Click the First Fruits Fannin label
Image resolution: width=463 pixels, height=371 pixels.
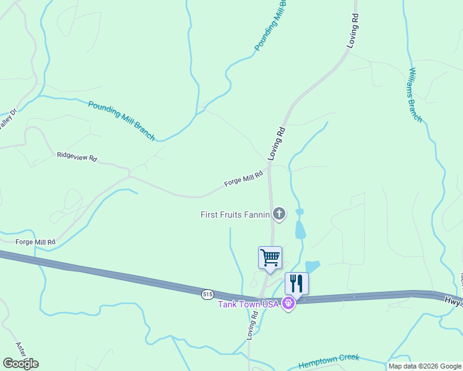click(235, 215)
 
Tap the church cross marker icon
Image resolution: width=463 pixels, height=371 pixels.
click(279, 215)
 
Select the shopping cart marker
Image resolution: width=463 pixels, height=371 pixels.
click(270, 258)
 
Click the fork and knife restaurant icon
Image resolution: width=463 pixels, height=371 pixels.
click(296, 284)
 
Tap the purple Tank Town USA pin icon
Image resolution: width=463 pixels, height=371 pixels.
click(288, 304)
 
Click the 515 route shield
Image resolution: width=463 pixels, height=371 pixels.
click(207, 295)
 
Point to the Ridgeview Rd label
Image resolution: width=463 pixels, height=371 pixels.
click(77, 157)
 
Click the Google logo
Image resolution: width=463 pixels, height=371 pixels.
click(20, 364)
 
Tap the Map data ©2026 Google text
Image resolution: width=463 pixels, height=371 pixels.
click(425, 366)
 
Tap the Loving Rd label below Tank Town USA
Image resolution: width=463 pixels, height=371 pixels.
click(253, 325)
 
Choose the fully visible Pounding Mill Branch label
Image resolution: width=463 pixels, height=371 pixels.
click(121, 121)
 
